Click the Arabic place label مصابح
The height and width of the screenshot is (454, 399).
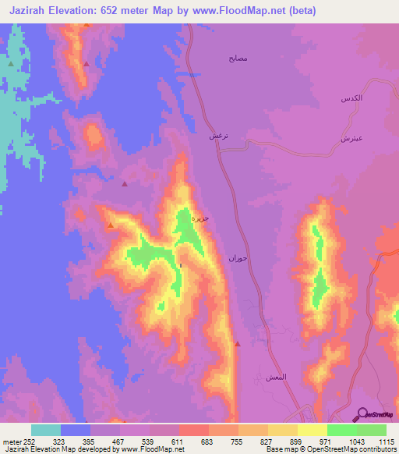(237, 59)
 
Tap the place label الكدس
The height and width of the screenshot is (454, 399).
(353, 100)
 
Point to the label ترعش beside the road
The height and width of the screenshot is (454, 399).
(217, 136)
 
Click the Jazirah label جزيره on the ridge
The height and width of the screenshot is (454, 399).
(201, 218)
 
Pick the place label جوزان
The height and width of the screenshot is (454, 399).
(237, 257)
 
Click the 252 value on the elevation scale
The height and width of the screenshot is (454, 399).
(26, 442)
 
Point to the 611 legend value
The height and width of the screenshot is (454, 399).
(179, 442)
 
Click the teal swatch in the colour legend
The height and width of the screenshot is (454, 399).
(46, 430)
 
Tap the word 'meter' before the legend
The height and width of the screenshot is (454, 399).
(9, 442)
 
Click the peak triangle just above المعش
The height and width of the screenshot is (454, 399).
(238, 344)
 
